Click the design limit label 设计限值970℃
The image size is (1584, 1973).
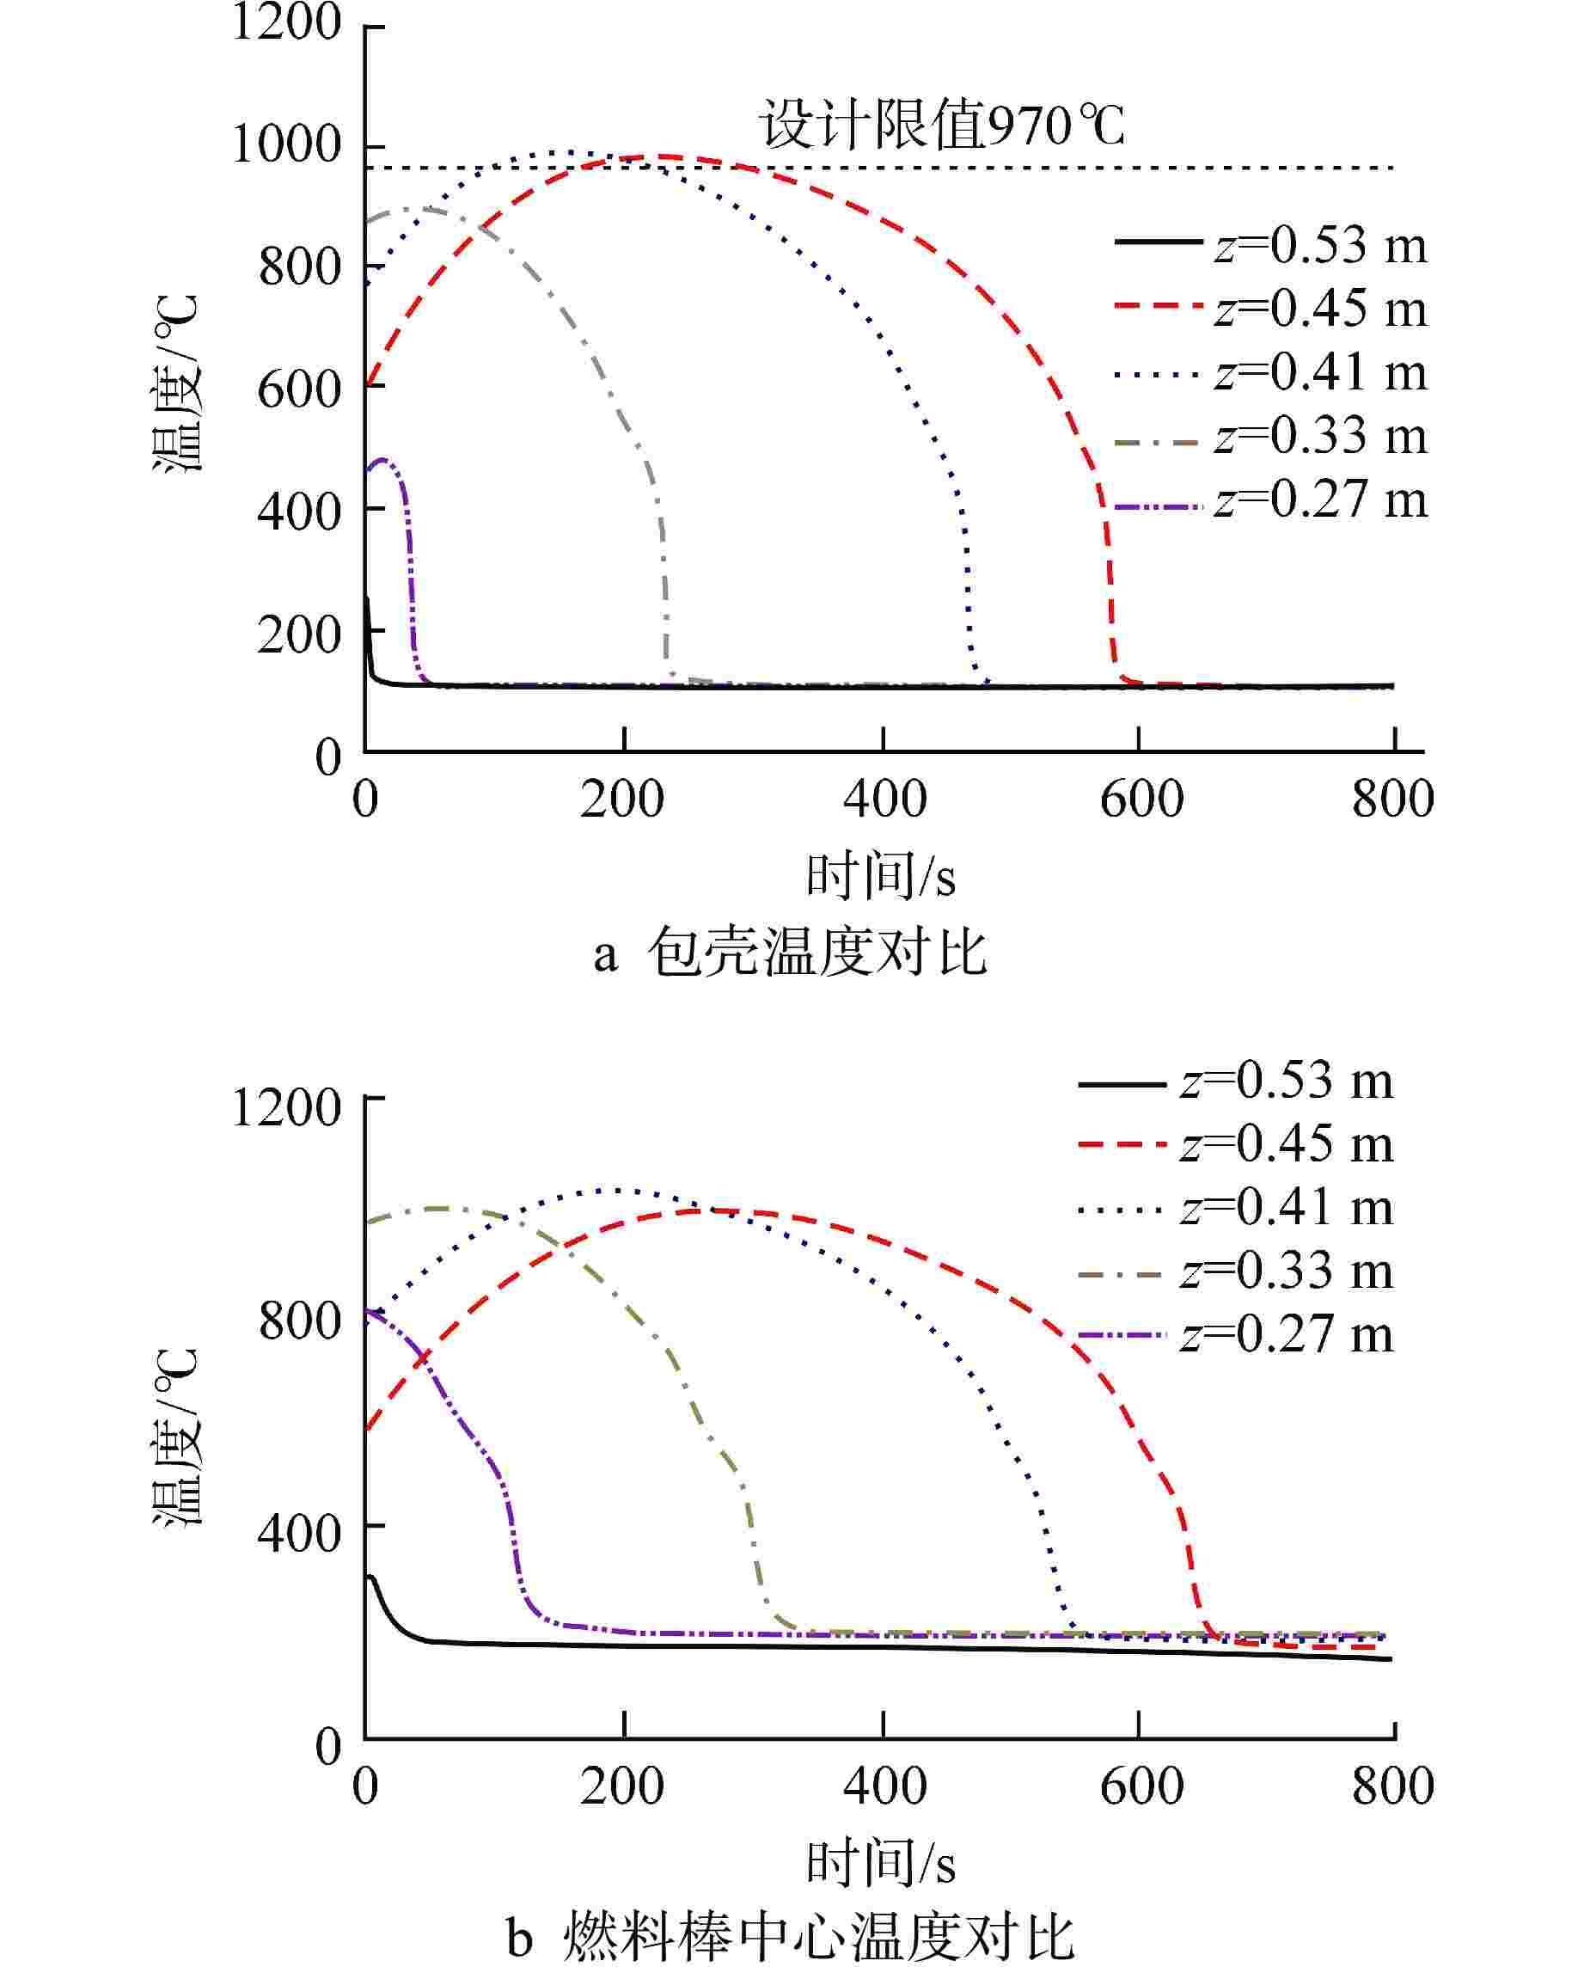[x=943, y=126]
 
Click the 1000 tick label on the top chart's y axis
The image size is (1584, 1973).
[x=286, y=145]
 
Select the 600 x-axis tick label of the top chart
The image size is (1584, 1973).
[x=1141, y=799]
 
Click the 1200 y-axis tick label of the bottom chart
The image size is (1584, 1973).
[x=286, y=1108]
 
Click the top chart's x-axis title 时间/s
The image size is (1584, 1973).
[x=880, y=877]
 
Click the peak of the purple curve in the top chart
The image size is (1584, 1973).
[x=382, y=459]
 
